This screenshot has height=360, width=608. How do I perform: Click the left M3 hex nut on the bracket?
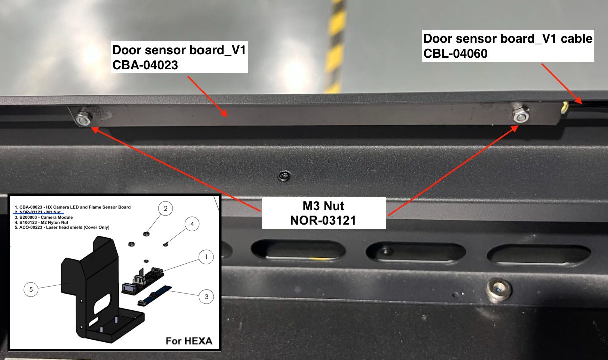tap(84, 119)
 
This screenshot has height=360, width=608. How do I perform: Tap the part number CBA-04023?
tap(145, 65)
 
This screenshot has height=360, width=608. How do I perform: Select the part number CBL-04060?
tap(455, 53)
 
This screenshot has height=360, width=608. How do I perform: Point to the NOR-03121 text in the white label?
tap(323, 220)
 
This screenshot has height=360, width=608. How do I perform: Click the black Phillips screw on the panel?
tap(284, 176)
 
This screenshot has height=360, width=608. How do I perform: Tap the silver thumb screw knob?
tap(499, 290)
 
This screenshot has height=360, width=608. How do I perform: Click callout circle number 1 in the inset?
tap(206, 257)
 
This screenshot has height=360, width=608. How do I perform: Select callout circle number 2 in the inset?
tap(165, 208)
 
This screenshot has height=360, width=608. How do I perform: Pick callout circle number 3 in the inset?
tap(207, 296)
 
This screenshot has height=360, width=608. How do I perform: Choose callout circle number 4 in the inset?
tap(192, 224)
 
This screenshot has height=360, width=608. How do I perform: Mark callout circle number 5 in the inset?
tap(31, 289)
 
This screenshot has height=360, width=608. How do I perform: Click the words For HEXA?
tap(189, 341)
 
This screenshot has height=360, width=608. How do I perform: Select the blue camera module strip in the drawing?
tap(155, 296)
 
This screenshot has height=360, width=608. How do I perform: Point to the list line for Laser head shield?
tap(62, 227)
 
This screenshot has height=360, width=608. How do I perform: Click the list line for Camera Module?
tap(44, 217)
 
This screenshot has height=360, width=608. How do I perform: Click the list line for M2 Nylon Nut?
tap(41, 222)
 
